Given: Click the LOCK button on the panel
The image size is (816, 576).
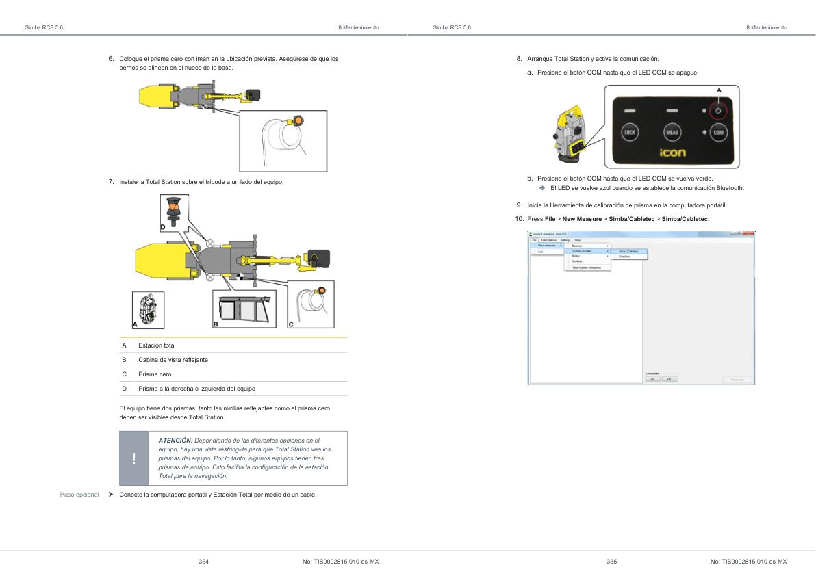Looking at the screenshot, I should click(630, 132).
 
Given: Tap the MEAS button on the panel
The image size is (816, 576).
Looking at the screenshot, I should click(672, 132).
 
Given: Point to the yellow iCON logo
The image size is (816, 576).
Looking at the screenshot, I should click(672, 153).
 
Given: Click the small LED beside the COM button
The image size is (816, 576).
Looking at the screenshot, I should click(703, 131).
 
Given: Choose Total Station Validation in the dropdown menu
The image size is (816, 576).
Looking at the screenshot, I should click(586, 267).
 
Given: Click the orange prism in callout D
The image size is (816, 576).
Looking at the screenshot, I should click(173, 206).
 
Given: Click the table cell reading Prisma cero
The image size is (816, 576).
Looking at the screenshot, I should click(155, 374).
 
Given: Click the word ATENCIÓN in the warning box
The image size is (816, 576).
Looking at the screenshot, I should click(175, 440).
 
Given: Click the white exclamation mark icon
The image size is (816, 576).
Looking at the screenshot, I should click(134, 458).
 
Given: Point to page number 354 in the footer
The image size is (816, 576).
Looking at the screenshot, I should click(203, 562).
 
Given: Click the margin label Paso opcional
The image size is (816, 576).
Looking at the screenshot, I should click(79, 494).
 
